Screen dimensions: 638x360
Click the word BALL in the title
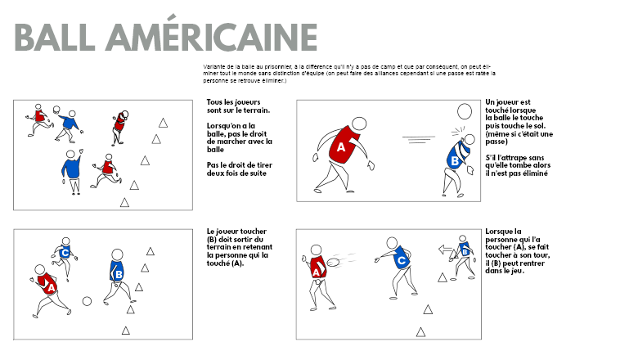pos(55,37)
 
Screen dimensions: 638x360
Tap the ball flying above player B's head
pos(465,111)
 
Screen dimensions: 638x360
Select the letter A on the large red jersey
pos(341,147)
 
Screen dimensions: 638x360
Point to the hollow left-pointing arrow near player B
pos(446,250)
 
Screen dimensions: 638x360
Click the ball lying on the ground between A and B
pos(87,301)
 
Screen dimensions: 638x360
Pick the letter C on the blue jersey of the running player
pos(65,253)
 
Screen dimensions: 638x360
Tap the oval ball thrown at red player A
pos(333,261)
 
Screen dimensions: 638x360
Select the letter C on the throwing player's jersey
pos(402,260)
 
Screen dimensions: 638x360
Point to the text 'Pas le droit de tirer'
pos(239,165)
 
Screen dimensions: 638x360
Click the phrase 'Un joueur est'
pos(508,102)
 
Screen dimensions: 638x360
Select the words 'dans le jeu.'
pos(505,271)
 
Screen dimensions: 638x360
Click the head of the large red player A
pos(359,124)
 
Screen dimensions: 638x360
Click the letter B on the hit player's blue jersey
pos(455,160)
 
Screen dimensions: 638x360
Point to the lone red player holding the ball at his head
pos(119,128)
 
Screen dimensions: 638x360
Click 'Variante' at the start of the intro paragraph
pos(213,67)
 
